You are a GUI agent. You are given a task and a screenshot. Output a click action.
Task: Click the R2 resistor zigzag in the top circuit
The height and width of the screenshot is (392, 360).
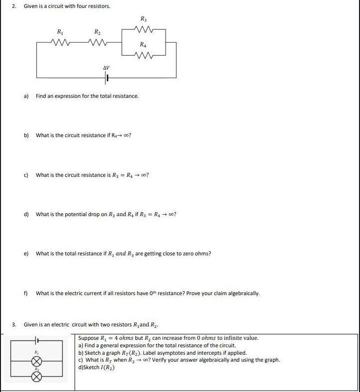pyautogui.click(x=95, y=42)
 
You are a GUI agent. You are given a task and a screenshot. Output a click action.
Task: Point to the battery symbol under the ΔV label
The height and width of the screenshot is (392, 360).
pyautogui.click(x=106, y=78)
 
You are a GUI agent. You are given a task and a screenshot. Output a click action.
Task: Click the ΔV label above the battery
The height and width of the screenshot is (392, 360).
pyautogui.click(x=106, y=68)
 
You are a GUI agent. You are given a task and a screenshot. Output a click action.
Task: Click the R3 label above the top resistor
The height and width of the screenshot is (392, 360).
pyautogui.click(x=143, y=19)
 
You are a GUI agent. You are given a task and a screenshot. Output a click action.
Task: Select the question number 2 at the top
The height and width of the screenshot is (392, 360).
pyautogui.click(x=14, y=6)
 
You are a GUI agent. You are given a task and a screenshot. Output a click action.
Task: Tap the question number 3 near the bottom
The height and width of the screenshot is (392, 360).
pyautogui.click(x=14, y=324)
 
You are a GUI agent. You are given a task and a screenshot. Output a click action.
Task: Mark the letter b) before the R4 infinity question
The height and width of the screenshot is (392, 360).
pyautogui.click(x=26, y=135)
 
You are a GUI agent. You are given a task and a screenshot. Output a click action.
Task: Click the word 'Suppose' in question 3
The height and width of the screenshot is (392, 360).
pyautogui.click(x=88, y=338)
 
